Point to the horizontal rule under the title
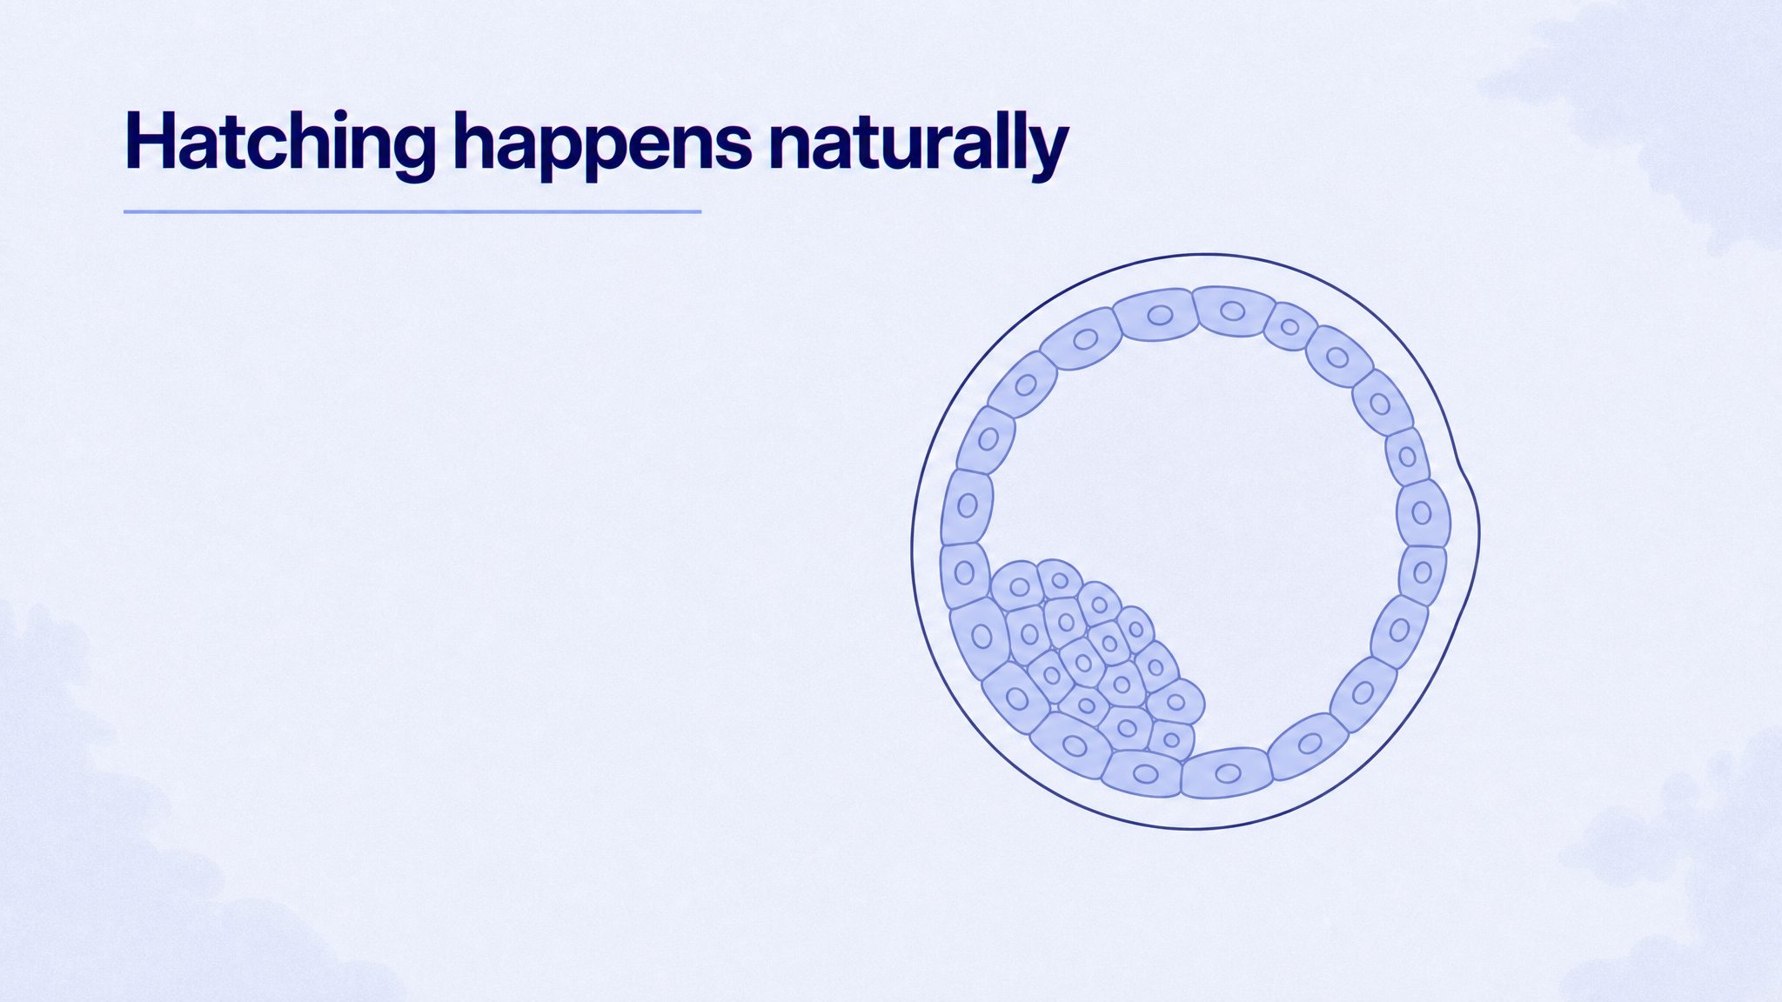412,211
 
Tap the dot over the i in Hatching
344,118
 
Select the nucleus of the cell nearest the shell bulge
1421,513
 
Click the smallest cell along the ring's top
1290,326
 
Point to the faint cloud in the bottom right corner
1679,870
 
